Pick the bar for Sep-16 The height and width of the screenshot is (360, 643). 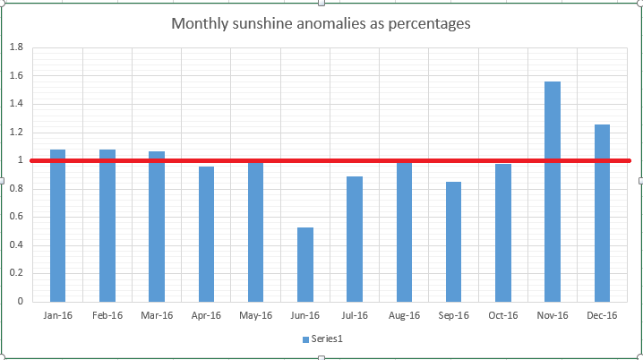point(453,242)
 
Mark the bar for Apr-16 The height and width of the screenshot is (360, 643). point(206,234)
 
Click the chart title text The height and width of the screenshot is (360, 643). point(321,24)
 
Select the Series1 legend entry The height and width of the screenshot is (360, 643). point(321,339)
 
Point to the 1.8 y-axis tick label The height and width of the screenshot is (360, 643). point(15,47)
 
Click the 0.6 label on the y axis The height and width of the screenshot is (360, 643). point(15,217)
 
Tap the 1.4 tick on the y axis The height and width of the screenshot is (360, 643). point(15,104)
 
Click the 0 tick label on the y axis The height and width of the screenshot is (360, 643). point(20,302)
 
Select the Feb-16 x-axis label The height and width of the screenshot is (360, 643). point(107,315)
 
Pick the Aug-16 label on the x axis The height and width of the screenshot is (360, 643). point(404,315)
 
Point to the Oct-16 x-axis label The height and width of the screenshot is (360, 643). point(503,315)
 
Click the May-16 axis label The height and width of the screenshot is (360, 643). point(255,315)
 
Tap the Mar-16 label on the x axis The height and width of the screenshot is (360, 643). point(157,315)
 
